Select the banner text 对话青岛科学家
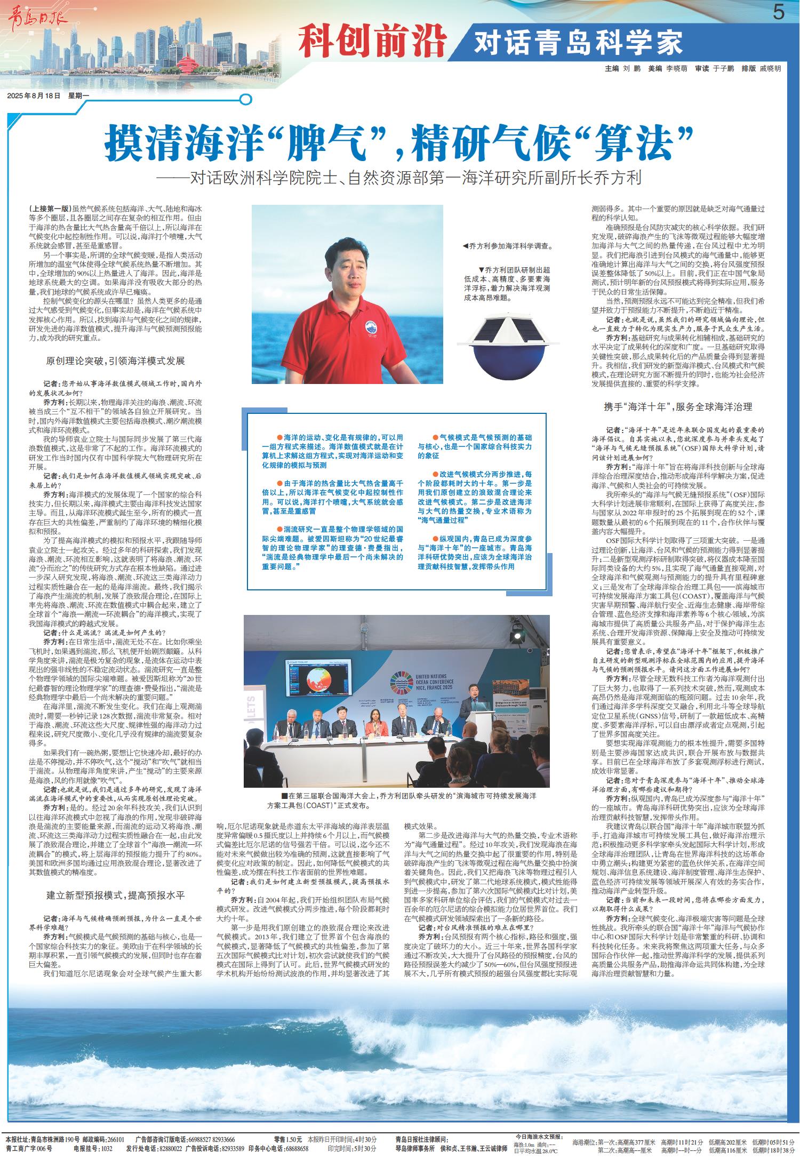coord(579,43)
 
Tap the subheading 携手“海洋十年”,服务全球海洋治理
coord(678,406)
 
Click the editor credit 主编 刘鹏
coord(622,69)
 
